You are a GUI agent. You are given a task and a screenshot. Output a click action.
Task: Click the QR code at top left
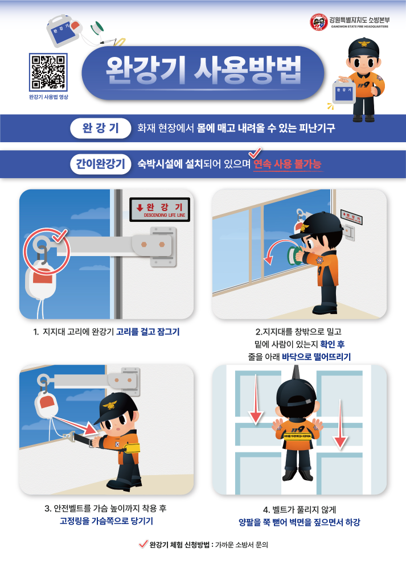pyautogui.click(x=48, y=72)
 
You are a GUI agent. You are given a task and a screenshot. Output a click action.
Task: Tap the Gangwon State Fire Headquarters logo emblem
pyautogui.click(x=318, y=22)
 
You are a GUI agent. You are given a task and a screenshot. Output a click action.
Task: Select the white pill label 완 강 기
pyautogui.click(x=97, y=128)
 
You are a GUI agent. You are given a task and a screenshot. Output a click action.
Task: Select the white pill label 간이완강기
pyautogui.click(x=97, y=164)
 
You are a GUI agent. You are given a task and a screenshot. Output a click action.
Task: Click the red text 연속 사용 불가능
pyautogui.click(x=288, y=164)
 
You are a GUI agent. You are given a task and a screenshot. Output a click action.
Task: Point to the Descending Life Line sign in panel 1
pyautogui.click(x=160, y=209)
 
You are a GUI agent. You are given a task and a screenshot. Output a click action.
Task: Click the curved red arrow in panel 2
pyautogui.click(x=274, y=252)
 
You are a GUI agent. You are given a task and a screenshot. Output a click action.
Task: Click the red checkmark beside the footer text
pyautogui.click(x=143, y=544)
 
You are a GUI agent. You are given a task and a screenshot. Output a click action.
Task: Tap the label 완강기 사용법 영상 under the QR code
pyautogui.click(x=48, y=97)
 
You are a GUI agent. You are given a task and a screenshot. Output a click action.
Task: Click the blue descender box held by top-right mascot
pyautogui.click(x=344, y=92)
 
